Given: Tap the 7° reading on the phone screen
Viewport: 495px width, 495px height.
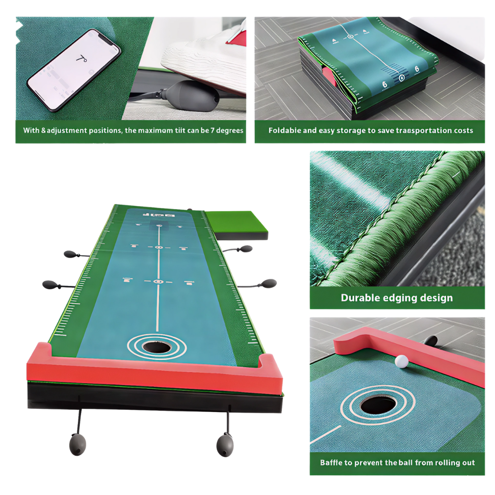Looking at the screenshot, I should (x=81, y=59).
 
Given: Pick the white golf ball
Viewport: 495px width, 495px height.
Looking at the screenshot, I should (x=401, y=362).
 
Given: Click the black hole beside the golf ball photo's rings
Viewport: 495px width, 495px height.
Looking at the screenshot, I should (x=378, y=405).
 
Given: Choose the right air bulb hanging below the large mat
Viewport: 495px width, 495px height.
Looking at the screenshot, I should (x=225, y=444).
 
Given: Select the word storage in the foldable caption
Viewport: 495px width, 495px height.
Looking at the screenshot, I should (x=350, y=131).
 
